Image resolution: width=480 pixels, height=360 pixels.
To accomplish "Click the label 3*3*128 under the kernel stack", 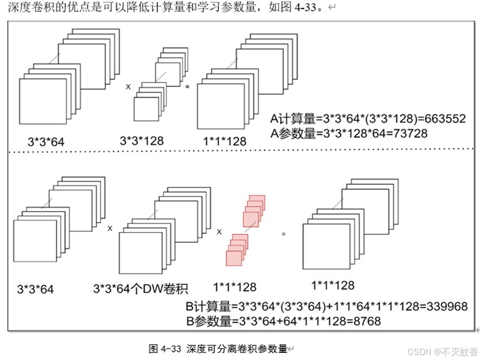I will (x=141, y=141).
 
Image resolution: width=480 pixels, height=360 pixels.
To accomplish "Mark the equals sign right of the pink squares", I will (x=283, y=234).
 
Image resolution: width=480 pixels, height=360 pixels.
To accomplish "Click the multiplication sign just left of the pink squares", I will (x=219, y=232).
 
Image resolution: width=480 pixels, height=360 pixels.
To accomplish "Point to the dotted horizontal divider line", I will (x=238, y=153).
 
